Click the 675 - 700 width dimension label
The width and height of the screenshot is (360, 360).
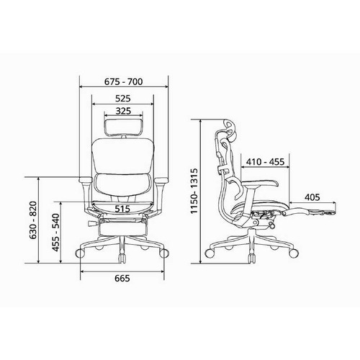tap(123, 82)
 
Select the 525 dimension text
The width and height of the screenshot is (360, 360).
tap(123, 99)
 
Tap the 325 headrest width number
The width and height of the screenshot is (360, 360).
tap(123, 111)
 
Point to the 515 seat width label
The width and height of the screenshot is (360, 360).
tap(122, 209)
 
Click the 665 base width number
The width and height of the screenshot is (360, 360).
tap(122, 279)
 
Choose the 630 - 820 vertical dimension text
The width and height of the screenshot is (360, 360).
tap(33, 220)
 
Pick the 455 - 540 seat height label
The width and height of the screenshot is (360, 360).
tap(55, 233)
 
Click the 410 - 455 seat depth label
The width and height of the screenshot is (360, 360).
tap(265, 162)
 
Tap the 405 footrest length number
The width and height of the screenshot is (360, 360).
tap(312, 197)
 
